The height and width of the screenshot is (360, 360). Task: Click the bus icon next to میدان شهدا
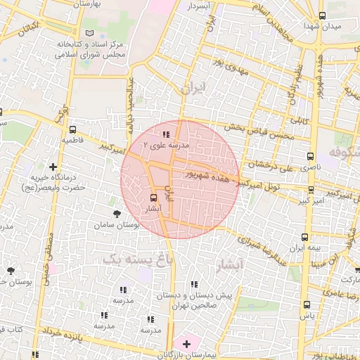(322, 15)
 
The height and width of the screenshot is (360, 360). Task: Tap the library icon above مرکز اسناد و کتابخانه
(88, 33)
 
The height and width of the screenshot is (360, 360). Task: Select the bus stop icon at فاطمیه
(73, 129)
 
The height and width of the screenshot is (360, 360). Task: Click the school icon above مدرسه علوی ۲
(166, 134)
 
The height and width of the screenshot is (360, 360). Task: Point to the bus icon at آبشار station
(154, 198)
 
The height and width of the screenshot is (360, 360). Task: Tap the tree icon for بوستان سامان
(116, 212)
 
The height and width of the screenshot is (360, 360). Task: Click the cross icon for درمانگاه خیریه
(53, 167)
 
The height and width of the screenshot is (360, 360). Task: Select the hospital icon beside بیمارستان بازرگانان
(186, 344)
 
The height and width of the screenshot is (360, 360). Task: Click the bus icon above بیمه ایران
(304, 237)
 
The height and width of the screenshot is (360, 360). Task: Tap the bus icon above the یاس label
(306, 304)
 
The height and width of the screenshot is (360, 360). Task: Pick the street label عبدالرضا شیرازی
(262, 247)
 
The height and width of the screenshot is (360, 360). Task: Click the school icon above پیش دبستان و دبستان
(195, 284)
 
